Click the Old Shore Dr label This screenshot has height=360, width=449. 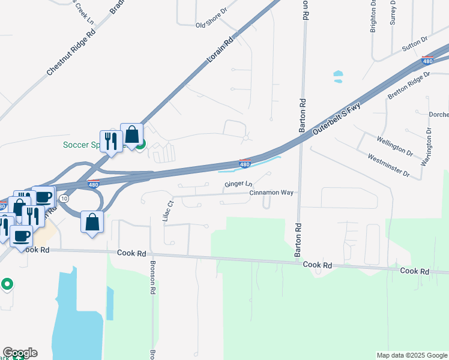(x=212, y=25)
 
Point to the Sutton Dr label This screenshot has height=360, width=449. (x=415, y=43)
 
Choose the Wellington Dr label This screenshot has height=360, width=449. (x=395, y=146)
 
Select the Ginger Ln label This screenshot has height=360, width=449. (x=238, y=184)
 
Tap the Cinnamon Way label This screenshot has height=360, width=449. (x=272, y=193)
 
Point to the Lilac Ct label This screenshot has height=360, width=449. (x=168, y=211)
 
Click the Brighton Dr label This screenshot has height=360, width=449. (x=373, y=16)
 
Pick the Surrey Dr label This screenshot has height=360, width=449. (x=393, y=12)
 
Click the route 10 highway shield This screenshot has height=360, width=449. (x=65, y=197)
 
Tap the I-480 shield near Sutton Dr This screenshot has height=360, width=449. (x=427, y=61)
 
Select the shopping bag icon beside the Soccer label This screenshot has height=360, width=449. (x=131, y=136)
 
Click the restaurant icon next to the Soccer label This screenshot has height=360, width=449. (x=110, y=142)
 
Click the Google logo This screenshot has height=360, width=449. (x=20, y=353)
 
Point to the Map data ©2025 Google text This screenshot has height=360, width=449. (x=411, y=355)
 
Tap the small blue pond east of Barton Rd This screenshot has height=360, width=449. (x=338, y=77)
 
